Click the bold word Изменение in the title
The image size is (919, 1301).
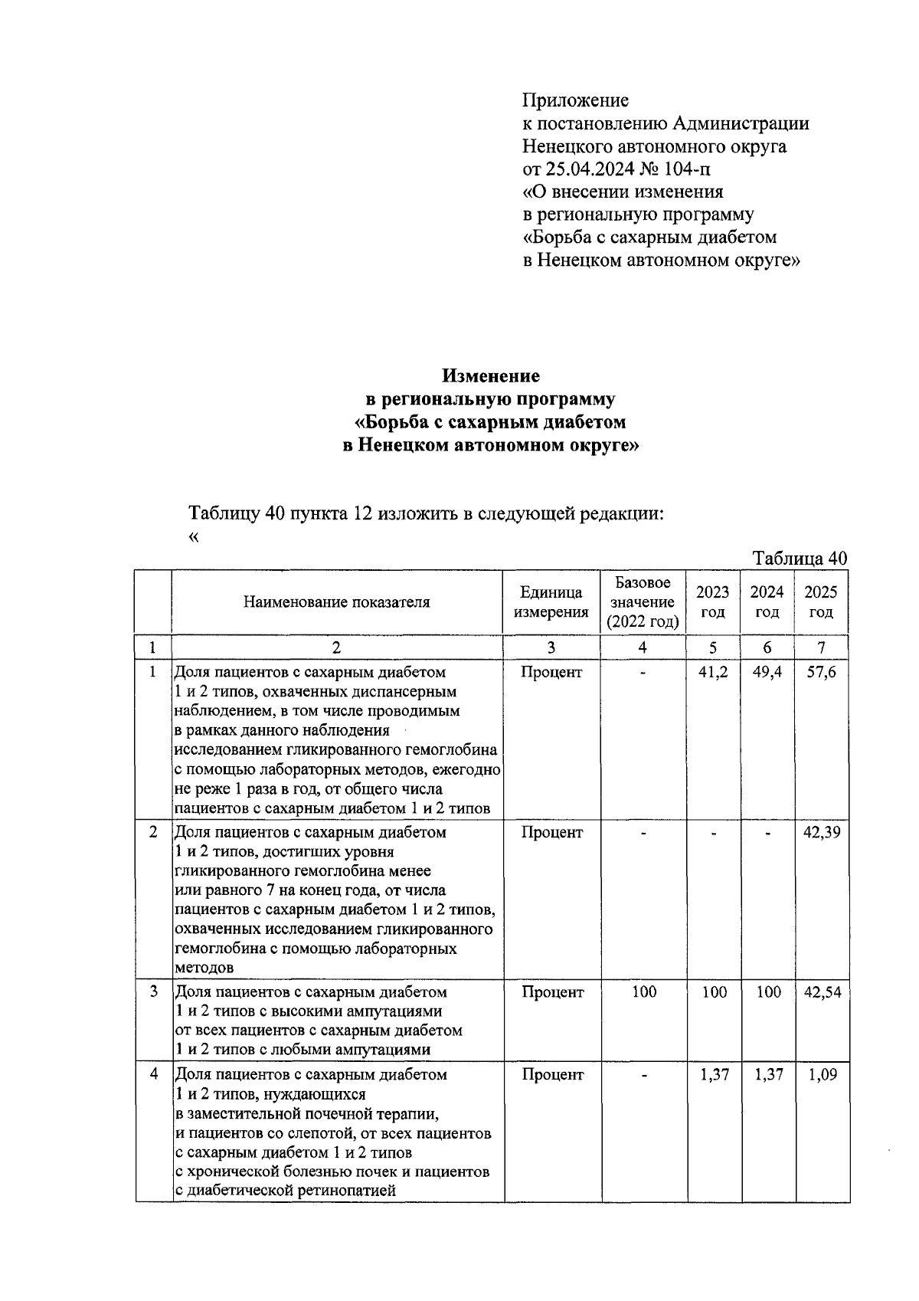(490, 376)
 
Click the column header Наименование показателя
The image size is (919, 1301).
(336, 602)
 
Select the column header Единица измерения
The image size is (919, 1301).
(551, 602)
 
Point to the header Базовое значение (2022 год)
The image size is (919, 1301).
(643, 602)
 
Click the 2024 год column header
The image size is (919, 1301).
(767, 602)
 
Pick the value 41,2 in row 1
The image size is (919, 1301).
(714, 673)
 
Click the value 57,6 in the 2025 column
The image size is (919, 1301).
(821, 673)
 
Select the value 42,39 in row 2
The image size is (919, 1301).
(821, 832)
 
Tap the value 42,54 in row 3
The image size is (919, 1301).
(821, 992)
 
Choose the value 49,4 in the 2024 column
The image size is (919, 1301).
(767, 673)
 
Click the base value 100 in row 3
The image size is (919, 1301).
(643, 992)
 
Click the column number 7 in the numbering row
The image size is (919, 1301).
(821, 647)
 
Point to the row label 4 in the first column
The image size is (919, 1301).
(154, 1074)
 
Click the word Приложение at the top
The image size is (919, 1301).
(575, 100)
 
